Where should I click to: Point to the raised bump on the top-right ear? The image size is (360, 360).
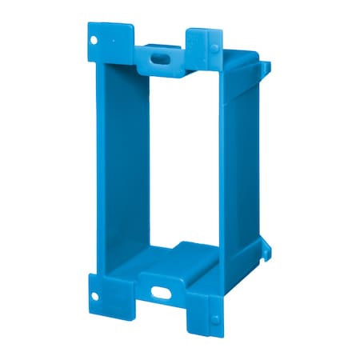[x=214, y=48]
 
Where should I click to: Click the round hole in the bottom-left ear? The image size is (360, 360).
[x=97, y=291]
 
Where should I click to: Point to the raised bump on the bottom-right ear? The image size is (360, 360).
[x=214, y=318]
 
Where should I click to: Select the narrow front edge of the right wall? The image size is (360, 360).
[x=223, y=176]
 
